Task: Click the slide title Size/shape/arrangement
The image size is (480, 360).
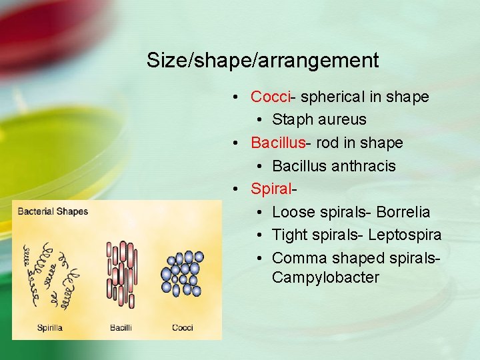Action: click(263, 61)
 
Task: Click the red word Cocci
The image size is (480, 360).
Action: click(271, 97)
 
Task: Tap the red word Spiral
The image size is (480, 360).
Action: click(271, 189)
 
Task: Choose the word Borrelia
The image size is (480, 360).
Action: click(403, 212)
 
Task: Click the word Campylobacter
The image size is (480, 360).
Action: click(325, 277)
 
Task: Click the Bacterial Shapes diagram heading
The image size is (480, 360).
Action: click(53, 212)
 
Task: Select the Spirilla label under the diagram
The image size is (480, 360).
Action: click(51, 327)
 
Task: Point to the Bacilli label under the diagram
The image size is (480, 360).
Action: click(121, 327)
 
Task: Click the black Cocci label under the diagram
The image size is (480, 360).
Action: click(183, 327)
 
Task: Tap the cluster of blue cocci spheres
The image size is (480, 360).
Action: click(181, 273)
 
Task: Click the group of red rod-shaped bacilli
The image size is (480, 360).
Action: click(121, 274)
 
